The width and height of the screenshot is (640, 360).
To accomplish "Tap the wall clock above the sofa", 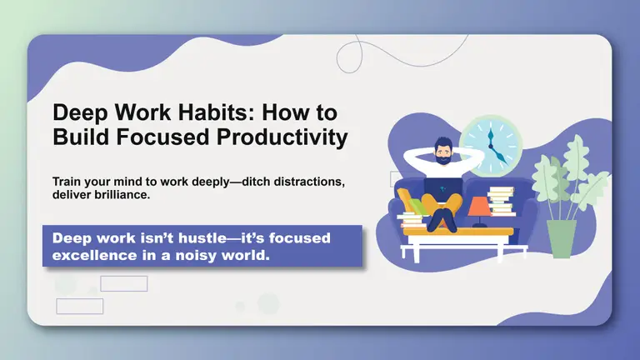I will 490,143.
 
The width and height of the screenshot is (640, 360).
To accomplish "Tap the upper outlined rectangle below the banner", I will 123,283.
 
